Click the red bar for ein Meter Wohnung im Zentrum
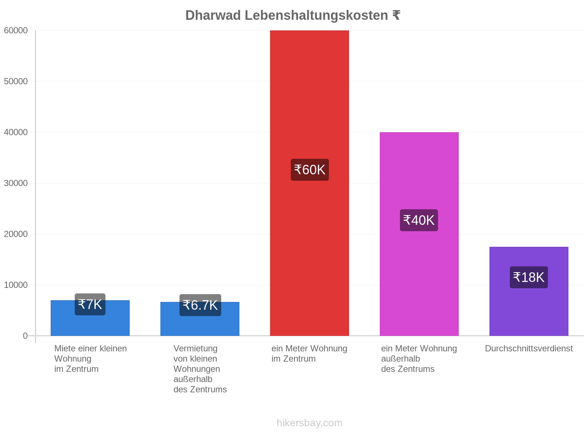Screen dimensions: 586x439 (309, 183)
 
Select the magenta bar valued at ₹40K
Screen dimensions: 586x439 (419, 234)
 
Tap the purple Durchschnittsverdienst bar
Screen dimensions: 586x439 (529, 291)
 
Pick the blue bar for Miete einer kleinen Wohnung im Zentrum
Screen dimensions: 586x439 (90, 318)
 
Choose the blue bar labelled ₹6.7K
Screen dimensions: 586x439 (200, 319)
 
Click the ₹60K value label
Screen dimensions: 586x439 (310, 170)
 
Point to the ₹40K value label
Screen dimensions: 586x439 (419, 220)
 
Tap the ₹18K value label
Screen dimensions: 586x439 (529, 277)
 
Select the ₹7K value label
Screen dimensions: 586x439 (90, 304)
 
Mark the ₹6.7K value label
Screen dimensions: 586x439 (200, 305)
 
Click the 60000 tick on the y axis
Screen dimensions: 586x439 (16, 30)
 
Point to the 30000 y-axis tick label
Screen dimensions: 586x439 (16, 183)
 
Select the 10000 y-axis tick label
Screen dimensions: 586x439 (16, 285)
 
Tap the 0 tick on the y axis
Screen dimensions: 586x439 (25, 335)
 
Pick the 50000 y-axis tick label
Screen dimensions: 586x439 (16, 81)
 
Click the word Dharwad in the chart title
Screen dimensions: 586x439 (213, 15)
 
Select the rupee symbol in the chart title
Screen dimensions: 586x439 (396, 15)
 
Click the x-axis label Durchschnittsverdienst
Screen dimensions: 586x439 (529, 349)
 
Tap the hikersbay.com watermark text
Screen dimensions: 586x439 (309, 423)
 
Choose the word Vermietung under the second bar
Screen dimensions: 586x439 (196, 349)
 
